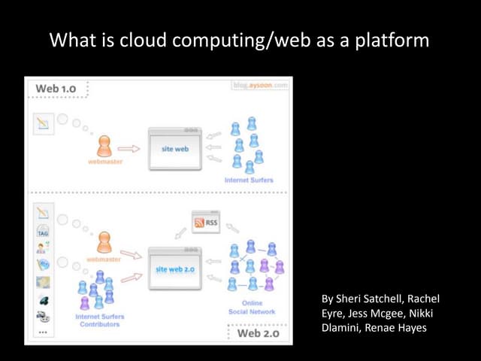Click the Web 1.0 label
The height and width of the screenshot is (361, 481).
(56, 89)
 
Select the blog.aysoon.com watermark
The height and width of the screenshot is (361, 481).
(259, 86)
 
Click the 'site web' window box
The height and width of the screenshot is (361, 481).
(175, 149)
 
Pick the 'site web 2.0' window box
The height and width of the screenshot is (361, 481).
(175, 268)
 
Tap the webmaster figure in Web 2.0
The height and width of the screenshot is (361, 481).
(104, 242)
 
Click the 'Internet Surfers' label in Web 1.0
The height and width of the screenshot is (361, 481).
(249, 180)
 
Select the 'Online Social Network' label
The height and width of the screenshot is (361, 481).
(251, 307)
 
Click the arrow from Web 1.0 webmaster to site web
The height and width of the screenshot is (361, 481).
(129, 149)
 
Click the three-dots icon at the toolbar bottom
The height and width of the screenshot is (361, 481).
(43, 332)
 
